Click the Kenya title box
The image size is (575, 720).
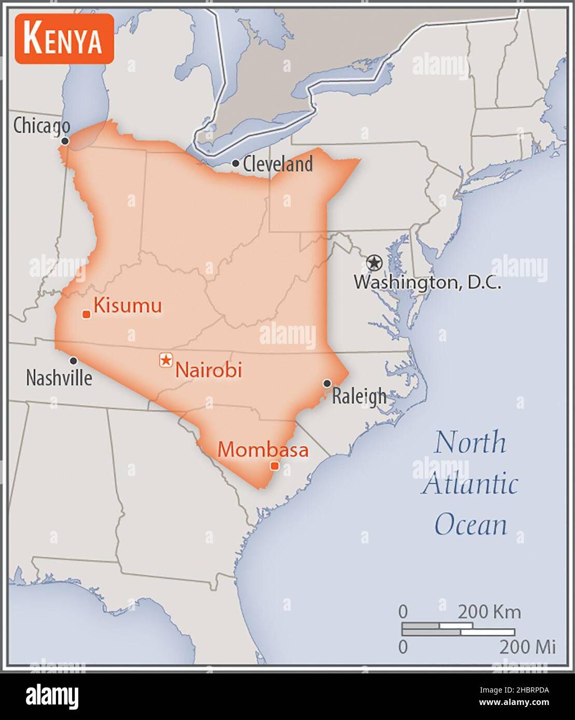[64, 39]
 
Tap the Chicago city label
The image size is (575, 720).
[41, 125]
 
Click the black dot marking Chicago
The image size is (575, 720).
[65, 141]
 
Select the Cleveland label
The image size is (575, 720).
[277, 164]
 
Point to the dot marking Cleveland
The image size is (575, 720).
[235, 164]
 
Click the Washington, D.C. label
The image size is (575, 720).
[427, 282]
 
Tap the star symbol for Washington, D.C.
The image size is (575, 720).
[373, 263]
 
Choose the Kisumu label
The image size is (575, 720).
[128, 306]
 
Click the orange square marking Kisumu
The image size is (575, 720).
[87, 314]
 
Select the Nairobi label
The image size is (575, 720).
[208, 370]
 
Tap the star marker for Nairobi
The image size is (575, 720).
[165, 359]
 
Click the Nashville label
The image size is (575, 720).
[59, 378]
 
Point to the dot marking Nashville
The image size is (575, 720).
[74, 361]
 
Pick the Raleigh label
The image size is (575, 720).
[359, 396]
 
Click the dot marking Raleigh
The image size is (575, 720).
[327, 383]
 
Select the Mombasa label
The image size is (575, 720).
[262, 450]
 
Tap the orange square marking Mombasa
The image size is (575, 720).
[275, 466]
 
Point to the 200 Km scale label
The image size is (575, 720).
[488, 612]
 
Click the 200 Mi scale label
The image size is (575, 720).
[527, 646]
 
